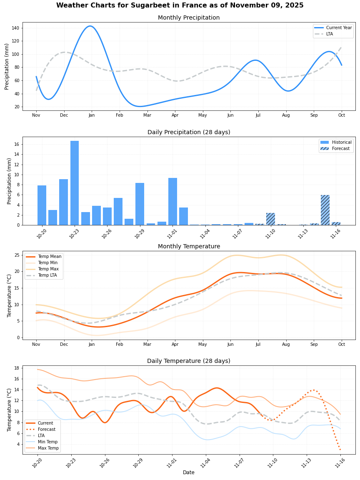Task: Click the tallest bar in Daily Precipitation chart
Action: click(x=75, y=183)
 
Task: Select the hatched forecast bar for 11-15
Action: click(x=325, y=210)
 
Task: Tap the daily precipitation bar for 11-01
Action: click(x=172, y=202)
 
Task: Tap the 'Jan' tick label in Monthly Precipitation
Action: click(x=92, y=115)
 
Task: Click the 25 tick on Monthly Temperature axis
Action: click(x=18, y=255)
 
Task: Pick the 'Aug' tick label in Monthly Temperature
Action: click(x=286, y=344)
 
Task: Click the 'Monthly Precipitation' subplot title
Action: click(x=189, y=18)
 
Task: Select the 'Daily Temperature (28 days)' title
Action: click(x=189, y=361)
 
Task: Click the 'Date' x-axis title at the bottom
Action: click(x=189, y=472)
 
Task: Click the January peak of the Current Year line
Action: click(x=90, y=26)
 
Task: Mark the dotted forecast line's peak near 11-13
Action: click(x=313, y=390)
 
